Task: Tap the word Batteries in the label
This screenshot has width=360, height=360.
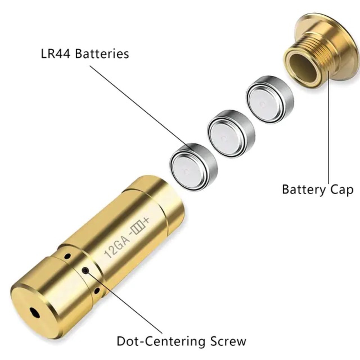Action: tap(102, 54)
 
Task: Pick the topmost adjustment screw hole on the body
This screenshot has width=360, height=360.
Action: tap(67, 256)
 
